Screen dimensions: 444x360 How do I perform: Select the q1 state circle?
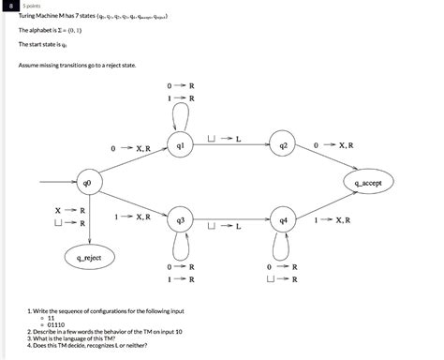pos(181,146)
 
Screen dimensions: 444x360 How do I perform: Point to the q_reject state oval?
pos(89,256)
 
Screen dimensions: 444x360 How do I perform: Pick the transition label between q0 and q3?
pos(130,217)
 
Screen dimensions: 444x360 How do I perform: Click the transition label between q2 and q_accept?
pos(333,146)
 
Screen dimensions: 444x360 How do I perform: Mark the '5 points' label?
pos(42,6)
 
